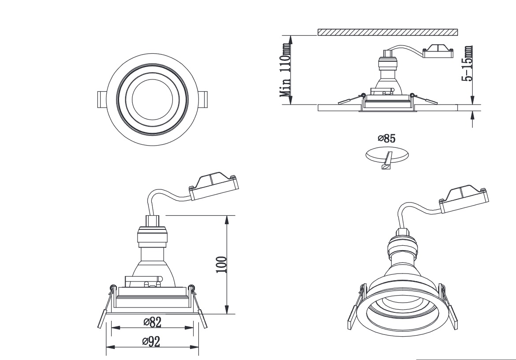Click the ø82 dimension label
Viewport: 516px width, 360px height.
click(x=152, y=322)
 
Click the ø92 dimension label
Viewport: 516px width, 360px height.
click(x=151, y=341)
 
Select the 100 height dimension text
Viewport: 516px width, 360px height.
click(x=221, y=265)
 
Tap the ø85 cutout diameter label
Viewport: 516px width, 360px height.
click(x=387, y=138)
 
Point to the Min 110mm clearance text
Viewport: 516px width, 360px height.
click(x=285, y=71)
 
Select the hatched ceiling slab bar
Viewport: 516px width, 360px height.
click(x=388, y=32)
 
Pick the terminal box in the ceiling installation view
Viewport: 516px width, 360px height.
click(x=438, y=51)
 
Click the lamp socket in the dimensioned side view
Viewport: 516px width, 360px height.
click(x=152, y=236)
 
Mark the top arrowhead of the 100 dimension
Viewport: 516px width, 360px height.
click(x=227, y=220)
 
